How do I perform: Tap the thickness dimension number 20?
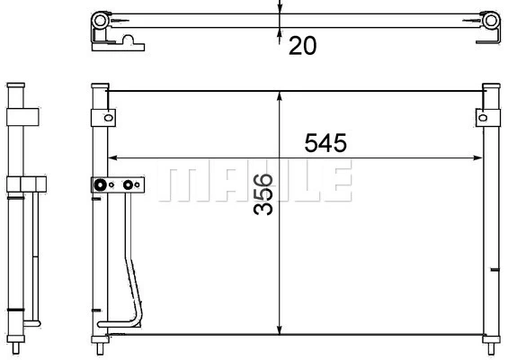click(x=303, y=45)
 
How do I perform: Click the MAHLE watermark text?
click(x=254, y=183)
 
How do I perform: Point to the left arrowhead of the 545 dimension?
click(x=112, y=158)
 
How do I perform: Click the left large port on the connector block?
click(x=98, y=186)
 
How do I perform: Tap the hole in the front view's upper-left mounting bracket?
click(x=107, y=116)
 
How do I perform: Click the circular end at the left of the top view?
click(x=99, y=21)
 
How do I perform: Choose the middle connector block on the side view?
click(x=25, y=185)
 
